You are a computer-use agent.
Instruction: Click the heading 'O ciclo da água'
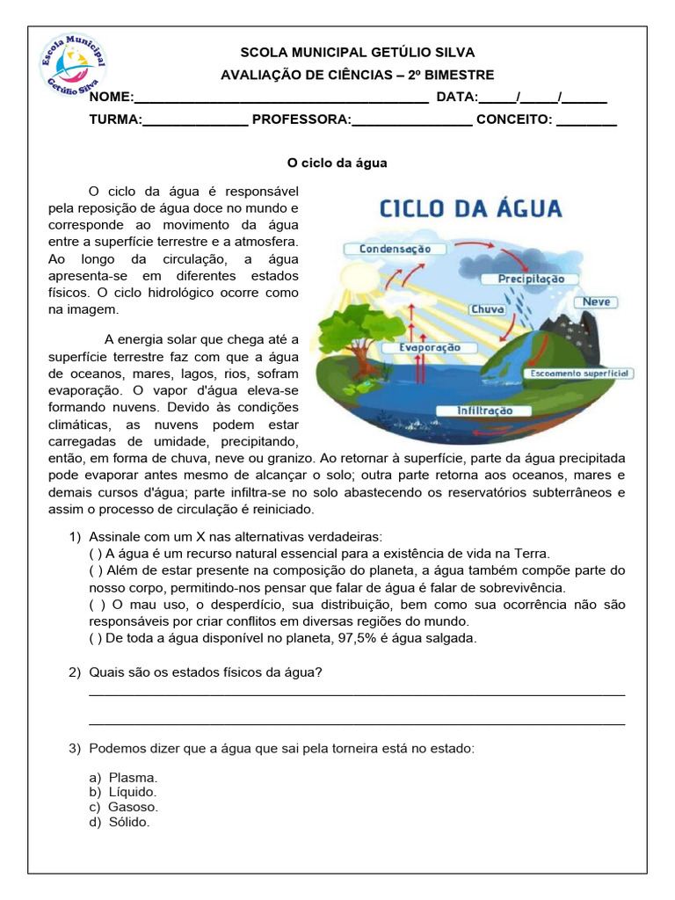pyautogui.click(x=337, y=163)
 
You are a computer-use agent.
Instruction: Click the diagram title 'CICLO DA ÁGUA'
pyautogui.click(x=470, y=209)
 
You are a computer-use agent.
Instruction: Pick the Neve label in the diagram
pyautogui.click(x=597, y=301)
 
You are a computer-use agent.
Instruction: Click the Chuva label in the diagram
pyautogui.click(x=487, y=309)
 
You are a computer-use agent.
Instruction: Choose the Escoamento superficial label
pyautogui.click(x=578, y=374)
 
